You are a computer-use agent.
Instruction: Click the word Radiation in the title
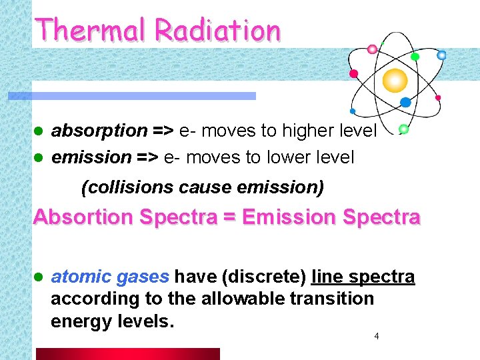coord(217,30)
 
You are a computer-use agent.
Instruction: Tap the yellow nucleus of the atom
coord(395,80)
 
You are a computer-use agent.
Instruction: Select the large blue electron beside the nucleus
coord(405,102)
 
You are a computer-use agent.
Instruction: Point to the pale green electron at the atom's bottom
coord(403,129)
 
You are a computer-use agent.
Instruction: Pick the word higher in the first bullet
coord(306,131)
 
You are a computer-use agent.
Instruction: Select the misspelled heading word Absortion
coord(83,217)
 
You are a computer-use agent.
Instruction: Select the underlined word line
coord(326,277)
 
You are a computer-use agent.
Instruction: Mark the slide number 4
coord(377,337)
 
